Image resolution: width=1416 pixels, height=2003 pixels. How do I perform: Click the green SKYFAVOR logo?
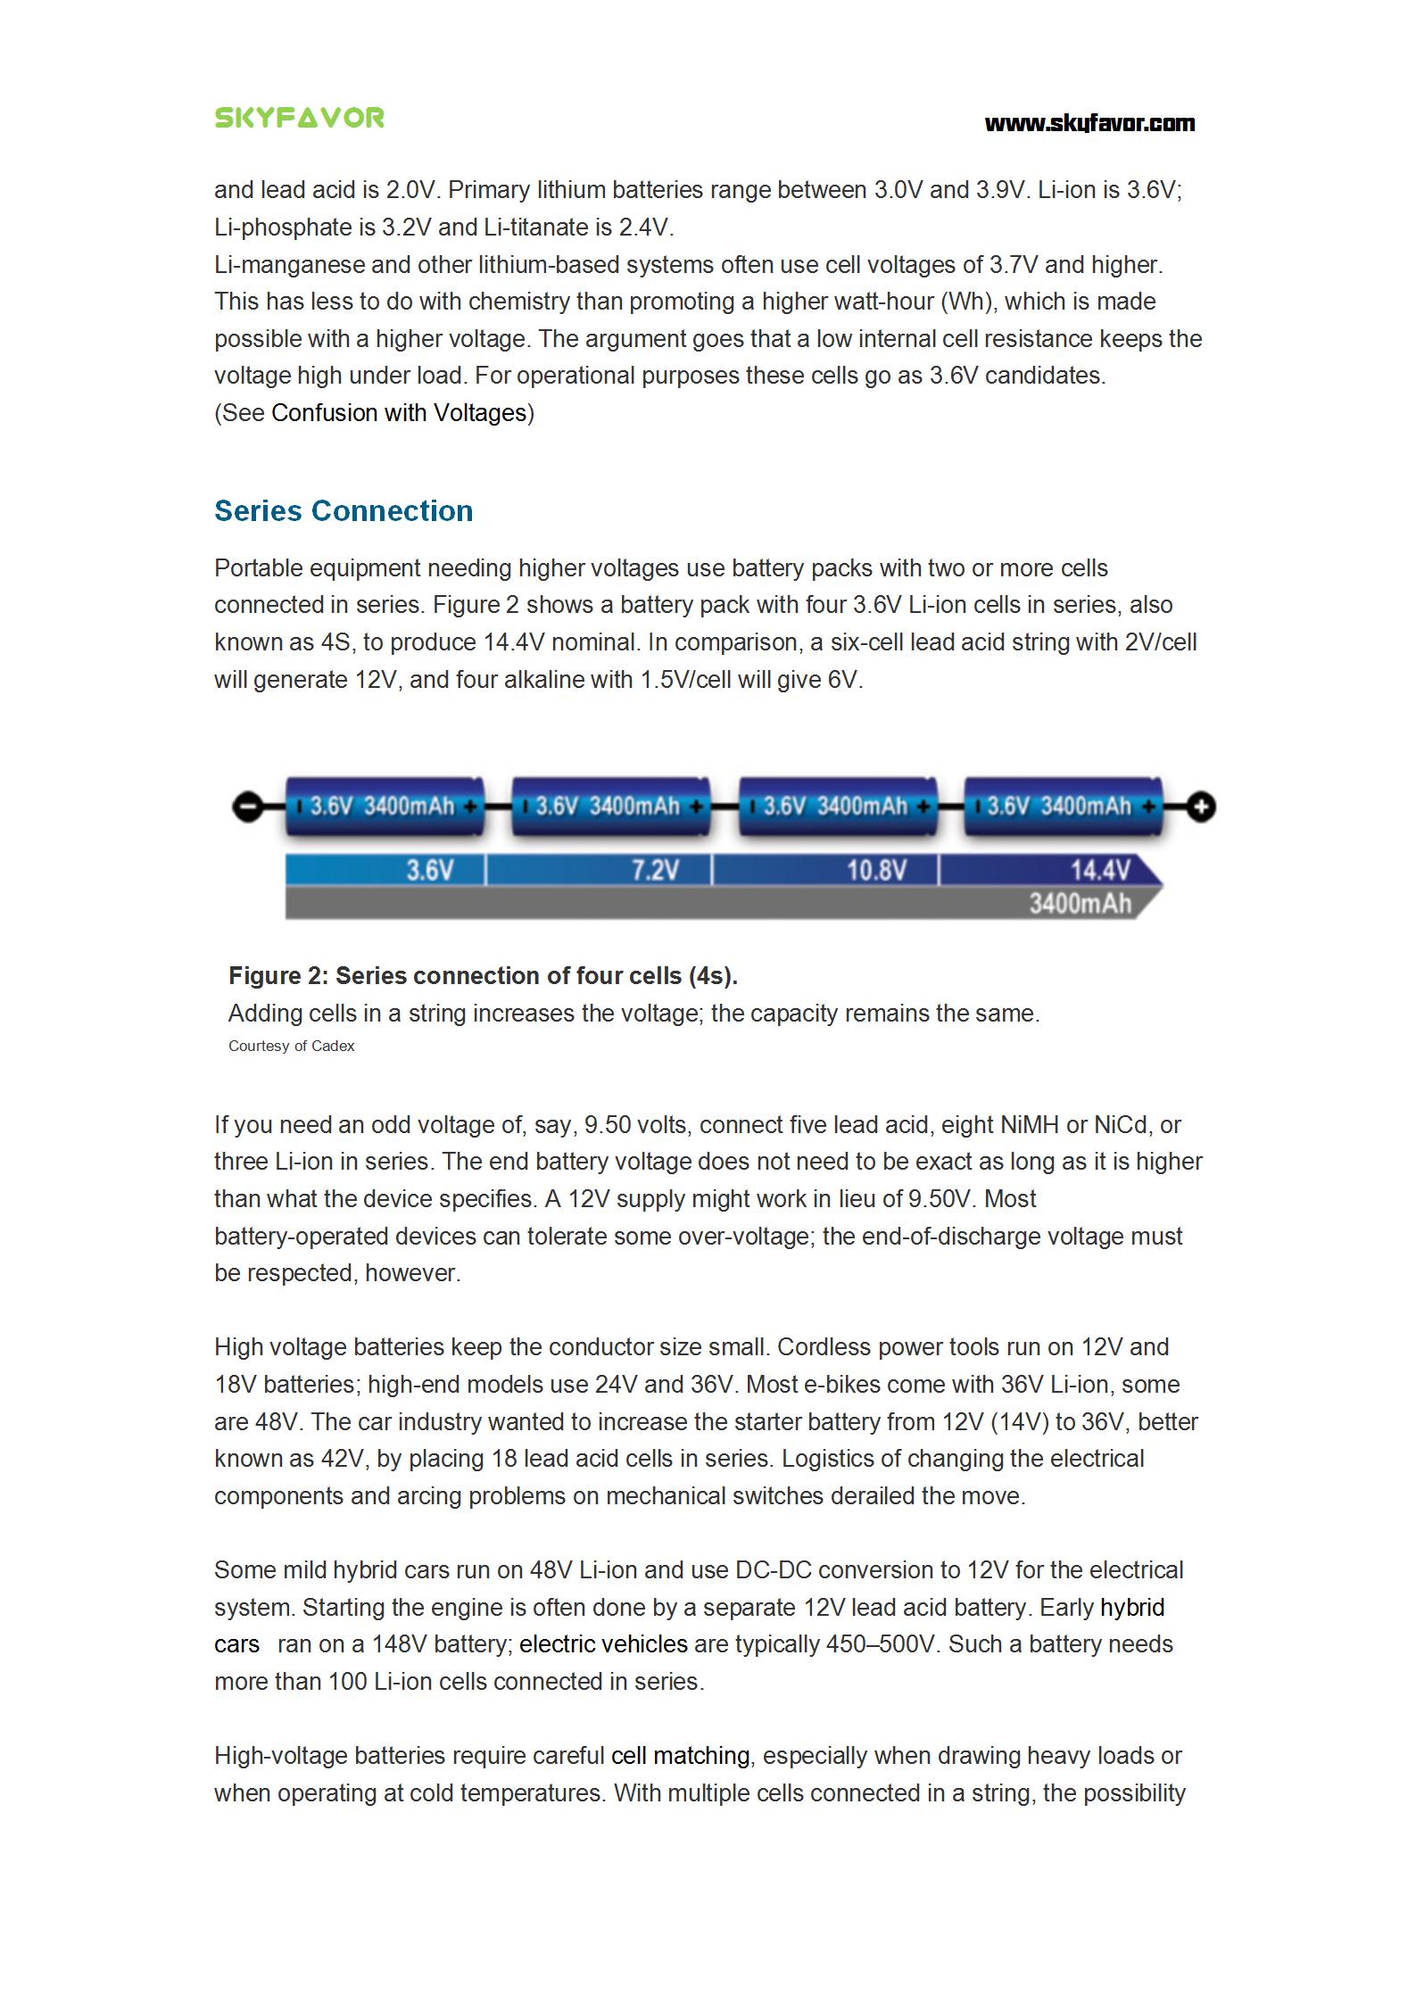[299, 118]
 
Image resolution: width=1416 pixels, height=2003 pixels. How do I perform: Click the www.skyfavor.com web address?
[1089, 123]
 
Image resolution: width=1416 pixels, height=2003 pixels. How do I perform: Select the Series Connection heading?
[344, 511]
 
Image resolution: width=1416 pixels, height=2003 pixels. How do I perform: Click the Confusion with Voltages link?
[399, 413]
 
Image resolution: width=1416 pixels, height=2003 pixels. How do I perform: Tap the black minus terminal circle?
[246, 807]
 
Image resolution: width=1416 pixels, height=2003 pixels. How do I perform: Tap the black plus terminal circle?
[1202, 808]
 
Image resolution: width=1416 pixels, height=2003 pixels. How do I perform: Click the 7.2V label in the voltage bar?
[656, 869]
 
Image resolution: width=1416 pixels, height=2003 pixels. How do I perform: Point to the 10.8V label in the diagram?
[876, 869]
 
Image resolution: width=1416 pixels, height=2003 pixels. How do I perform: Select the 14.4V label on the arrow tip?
[1100, 869]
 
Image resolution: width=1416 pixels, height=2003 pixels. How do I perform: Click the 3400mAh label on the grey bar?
[1080, 904]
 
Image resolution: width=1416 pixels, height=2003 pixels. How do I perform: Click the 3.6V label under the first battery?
[430, 869]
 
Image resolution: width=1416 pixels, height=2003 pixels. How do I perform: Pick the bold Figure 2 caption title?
[483, 976]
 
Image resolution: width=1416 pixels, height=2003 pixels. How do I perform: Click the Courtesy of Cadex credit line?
[291, 1046]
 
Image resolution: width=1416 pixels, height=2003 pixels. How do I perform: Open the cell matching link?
[680, 1756]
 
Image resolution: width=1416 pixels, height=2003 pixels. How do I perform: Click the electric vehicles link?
[603, 1644]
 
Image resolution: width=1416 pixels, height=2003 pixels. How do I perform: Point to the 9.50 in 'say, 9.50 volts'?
[606, 1125]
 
